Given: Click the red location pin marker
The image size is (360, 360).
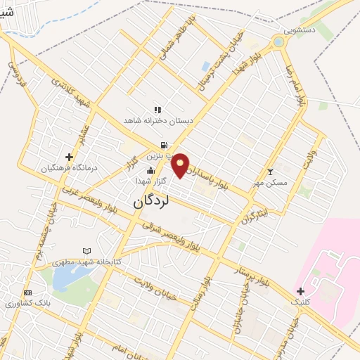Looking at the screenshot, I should pos(181,165).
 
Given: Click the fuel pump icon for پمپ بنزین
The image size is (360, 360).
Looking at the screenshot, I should pos(163,145).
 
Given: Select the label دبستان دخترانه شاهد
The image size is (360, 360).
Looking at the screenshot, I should pos(157,121).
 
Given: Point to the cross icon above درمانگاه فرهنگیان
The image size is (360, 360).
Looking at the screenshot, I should pos(68,157).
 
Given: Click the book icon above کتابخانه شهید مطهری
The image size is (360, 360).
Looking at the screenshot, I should pos(86,250).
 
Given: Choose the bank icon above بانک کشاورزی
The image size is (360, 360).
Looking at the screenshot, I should pos(27,292).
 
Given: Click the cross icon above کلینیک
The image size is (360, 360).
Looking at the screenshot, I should pos(300,290).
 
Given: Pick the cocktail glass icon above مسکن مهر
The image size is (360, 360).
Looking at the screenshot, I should pos(271,172).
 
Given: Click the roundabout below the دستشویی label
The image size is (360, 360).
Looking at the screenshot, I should pos(280,42).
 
